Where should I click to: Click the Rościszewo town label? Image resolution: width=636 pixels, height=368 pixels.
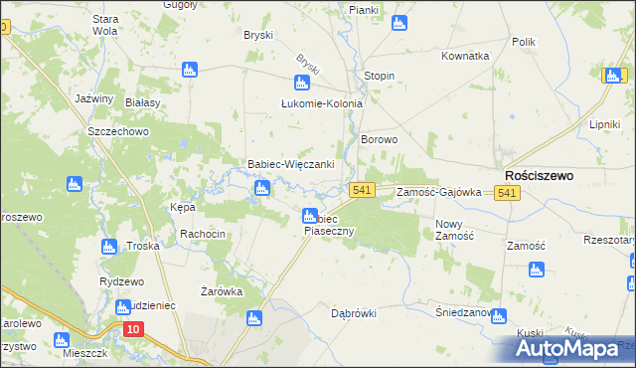point(539,174)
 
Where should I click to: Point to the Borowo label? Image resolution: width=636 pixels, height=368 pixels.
point(379,140)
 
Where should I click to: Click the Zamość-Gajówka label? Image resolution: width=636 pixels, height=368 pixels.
point(438,192)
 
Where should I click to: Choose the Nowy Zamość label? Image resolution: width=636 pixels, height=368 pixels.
point(454,229)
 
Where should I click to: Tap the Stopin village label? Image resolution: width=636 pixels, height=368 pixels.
point(379,76)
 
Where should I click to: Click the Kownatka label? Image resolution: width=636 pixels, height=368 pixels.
point(465,57)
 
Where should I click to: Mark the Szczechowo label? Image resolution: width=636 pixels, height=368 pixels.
point(117,131)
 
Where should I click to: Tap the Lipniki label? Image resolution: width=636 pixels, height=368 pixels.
point(604,124)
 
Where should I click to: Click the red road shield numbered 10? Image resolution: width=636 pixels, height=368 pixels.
point(133,329)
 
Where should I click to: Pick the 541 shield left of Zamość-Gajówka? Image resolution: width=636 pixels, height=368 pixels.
point(361,190)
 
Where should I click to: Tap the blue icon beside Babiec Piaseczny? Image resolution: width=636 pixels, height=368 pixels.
point(310,215)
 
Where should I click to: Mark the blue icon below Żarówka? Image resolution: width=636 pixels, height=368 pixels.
point(253,318)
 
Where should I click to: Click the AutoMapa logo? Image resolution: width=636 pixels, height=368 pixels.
point(570,348)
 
